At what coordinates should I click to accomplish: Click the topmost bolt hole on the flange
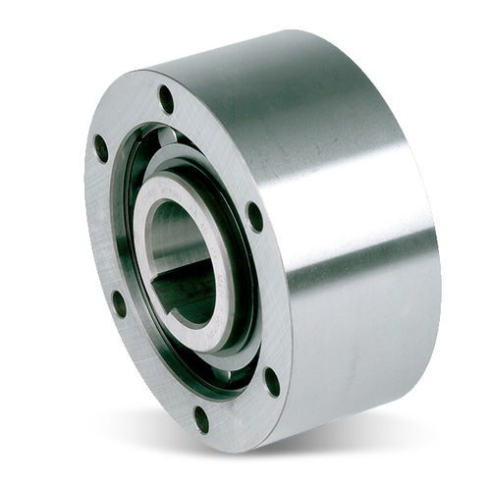click(166, 99)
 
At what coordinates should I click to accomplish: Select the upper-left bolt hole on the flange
click(100, 148)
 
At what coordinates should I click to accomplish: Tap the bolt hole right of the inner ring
click(254, 216)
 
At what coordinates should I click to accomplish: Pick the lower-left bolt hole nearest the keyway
click(118, 303)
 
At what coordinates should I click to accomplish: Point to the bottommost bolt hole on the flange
click(201, 419)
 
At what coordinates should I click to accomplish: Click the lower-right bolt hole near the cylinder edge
click(272, 381)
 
